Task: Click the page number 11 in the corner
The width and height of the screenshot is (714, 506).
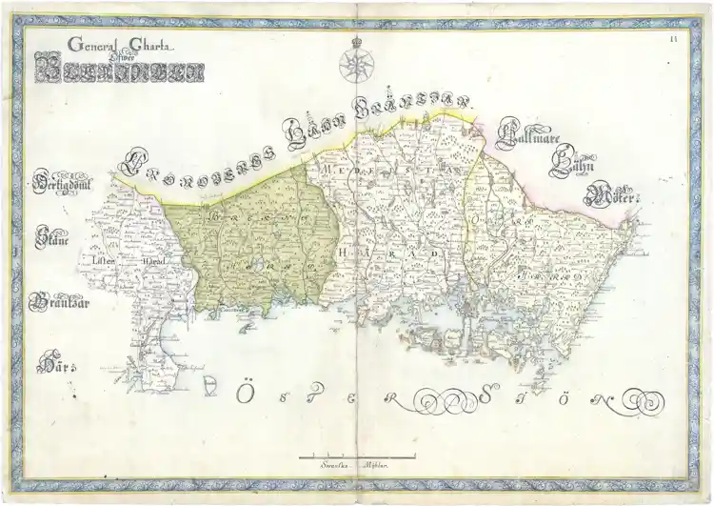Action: coord(673,37)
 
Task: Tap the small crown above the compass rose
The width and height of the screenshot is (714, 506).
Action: coord(357,40)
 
